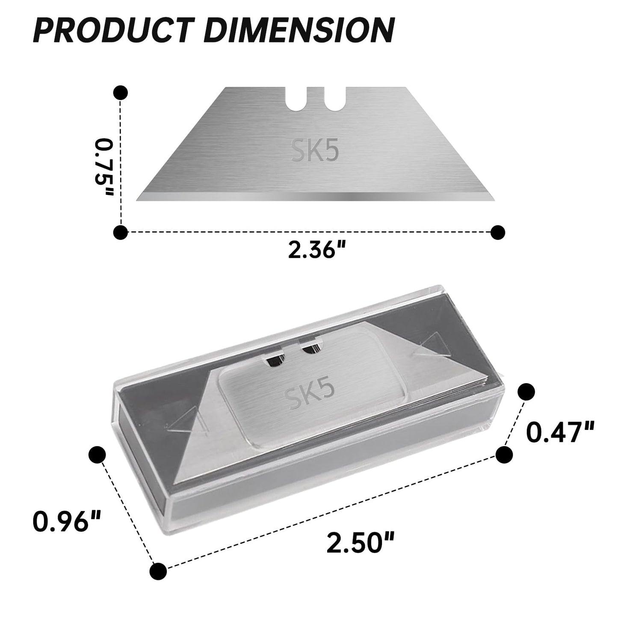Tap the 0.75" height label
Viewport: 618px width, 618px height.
pos(104,168)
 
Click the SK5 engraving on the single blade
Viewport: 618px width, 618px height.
pos(315,150)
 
